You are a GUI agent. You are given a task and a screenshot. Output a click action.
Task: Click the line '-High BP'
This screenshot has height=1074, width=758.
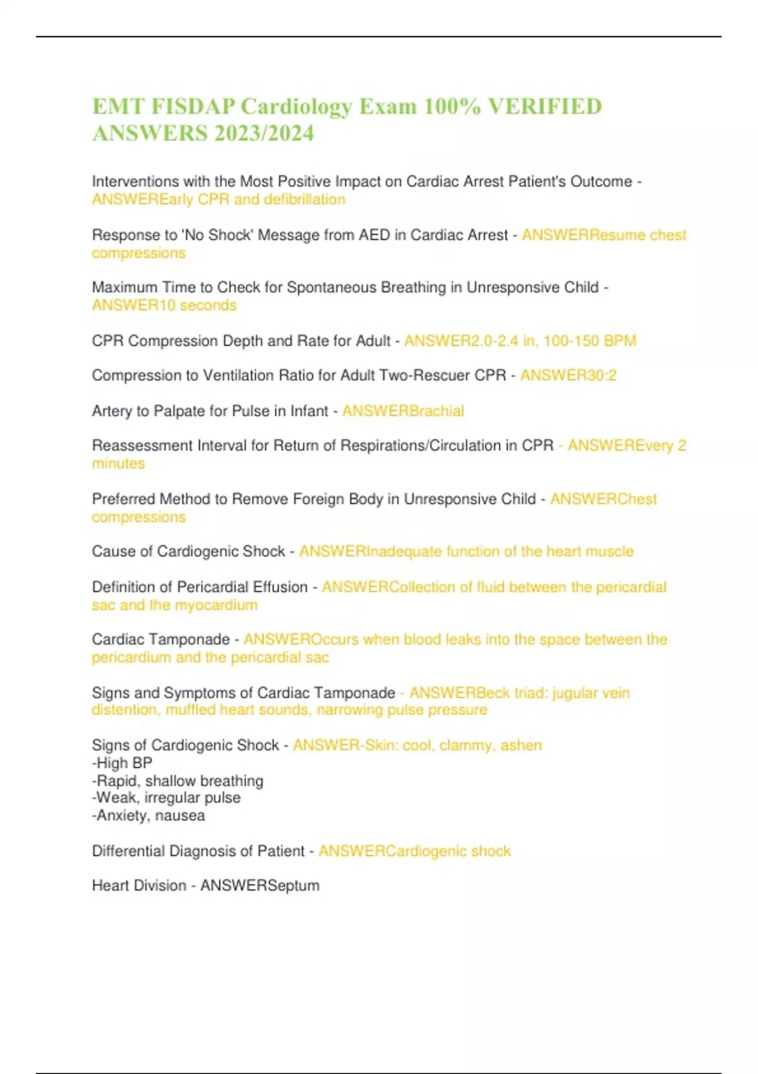(123, 763)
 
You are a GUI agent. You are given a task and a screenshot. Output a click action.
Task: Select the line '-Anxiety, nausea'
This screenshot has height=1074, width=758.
(148, 816)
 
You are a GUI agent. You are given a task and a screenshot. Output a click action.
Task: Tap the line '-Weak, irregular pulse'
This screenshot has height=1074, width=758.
(166, 798)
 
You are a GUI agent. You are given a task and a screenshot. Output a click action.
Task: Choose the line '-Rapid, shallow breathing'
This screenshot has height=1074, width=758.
(177, 781)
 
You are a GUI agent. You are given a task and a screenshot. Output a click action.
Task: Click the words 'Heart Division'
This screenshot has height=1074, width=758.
(139, 886)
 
